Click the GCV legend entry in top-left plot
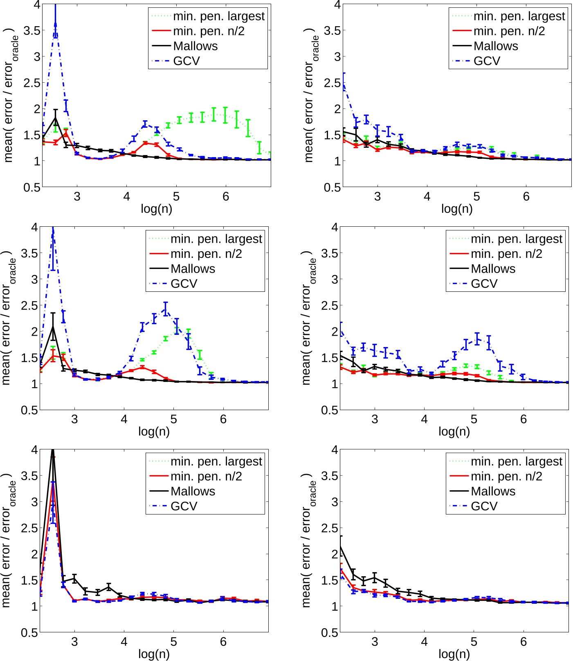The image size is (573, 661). (x=187, y=61)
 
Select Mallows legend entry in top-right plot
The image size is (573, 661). (x=495, y=46)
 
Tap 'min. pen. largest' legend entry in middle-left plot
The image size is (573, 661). (x=216, y=239)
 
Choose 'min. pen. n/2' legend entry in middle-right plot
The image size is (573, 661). (x=506, y=254)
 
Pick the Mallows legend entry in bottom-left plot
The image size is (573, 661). (x=193, y=491)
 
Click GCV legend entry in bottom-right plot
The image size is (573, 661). (x=484, y=506)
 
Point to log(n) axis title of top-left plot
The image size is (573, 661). (x=156, y=209)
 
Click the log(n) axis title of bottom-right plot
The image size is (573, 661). (x=454, y=654)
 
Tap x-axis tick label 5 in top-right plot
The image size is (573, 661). (x=476, y=197)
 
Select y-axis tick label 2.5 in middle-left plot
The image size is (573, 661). (x=29, y=305)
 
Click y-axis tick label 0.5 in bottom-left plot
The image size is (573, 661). (x=29, y=633)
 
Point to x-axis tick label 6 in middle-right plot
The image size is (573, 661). (x=524, y=420)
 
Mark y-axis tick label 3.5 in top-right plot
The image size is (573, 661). (x=332, y=30)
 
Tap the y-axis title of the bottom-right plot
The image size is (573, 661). (x=309, y=540)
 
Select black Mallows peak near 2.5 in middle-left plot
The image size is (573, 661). (x=53, y=326)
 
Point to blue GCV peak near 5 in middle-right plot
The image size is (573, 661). (x=477, y=338)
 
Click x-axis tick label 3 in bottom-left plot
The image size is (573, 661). (x=74, y=642)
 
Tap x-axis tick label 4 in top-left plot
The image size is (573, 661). (x=126, y=197)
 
